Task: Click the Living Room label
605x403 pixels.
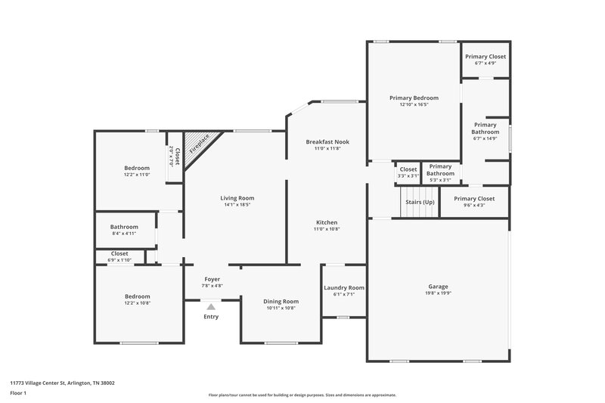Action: [236, 198]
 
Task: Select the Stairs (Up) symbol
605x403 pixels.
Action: [419, 202]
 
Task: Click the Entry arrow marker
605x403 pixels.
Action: [211, 307]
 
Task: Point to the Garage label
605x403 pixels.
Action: [438, 287]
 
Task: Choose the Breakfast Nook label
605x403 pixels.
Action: [327, 142]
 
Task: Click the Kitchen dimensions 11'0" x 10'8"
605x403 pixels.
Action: [327, 229]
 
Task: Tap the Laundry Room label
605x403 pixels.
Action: [344, 287]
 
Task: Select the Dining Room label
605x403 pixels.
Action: [281, 301]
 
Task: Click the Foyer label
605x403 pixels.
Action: [211, 279]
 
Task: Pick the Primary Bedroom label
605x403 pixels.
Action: [414, 98]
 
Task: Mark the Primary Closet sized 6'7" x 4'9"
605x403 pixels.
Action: [486, 57]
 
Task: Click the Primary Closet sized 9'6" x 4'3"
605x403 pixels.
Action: [473, 199]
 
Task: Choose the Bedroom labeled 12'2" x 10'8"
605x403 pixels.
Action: [137, 296]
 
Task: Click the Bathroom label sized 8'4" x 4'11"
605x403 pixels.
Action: [124, 227]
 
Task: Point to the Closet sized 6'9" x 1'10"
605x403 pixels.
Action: [119, 254]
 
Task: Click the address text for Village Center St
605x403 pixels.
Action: [62, 383]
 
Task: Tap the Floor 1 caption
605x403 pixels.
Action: [18, 393]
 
